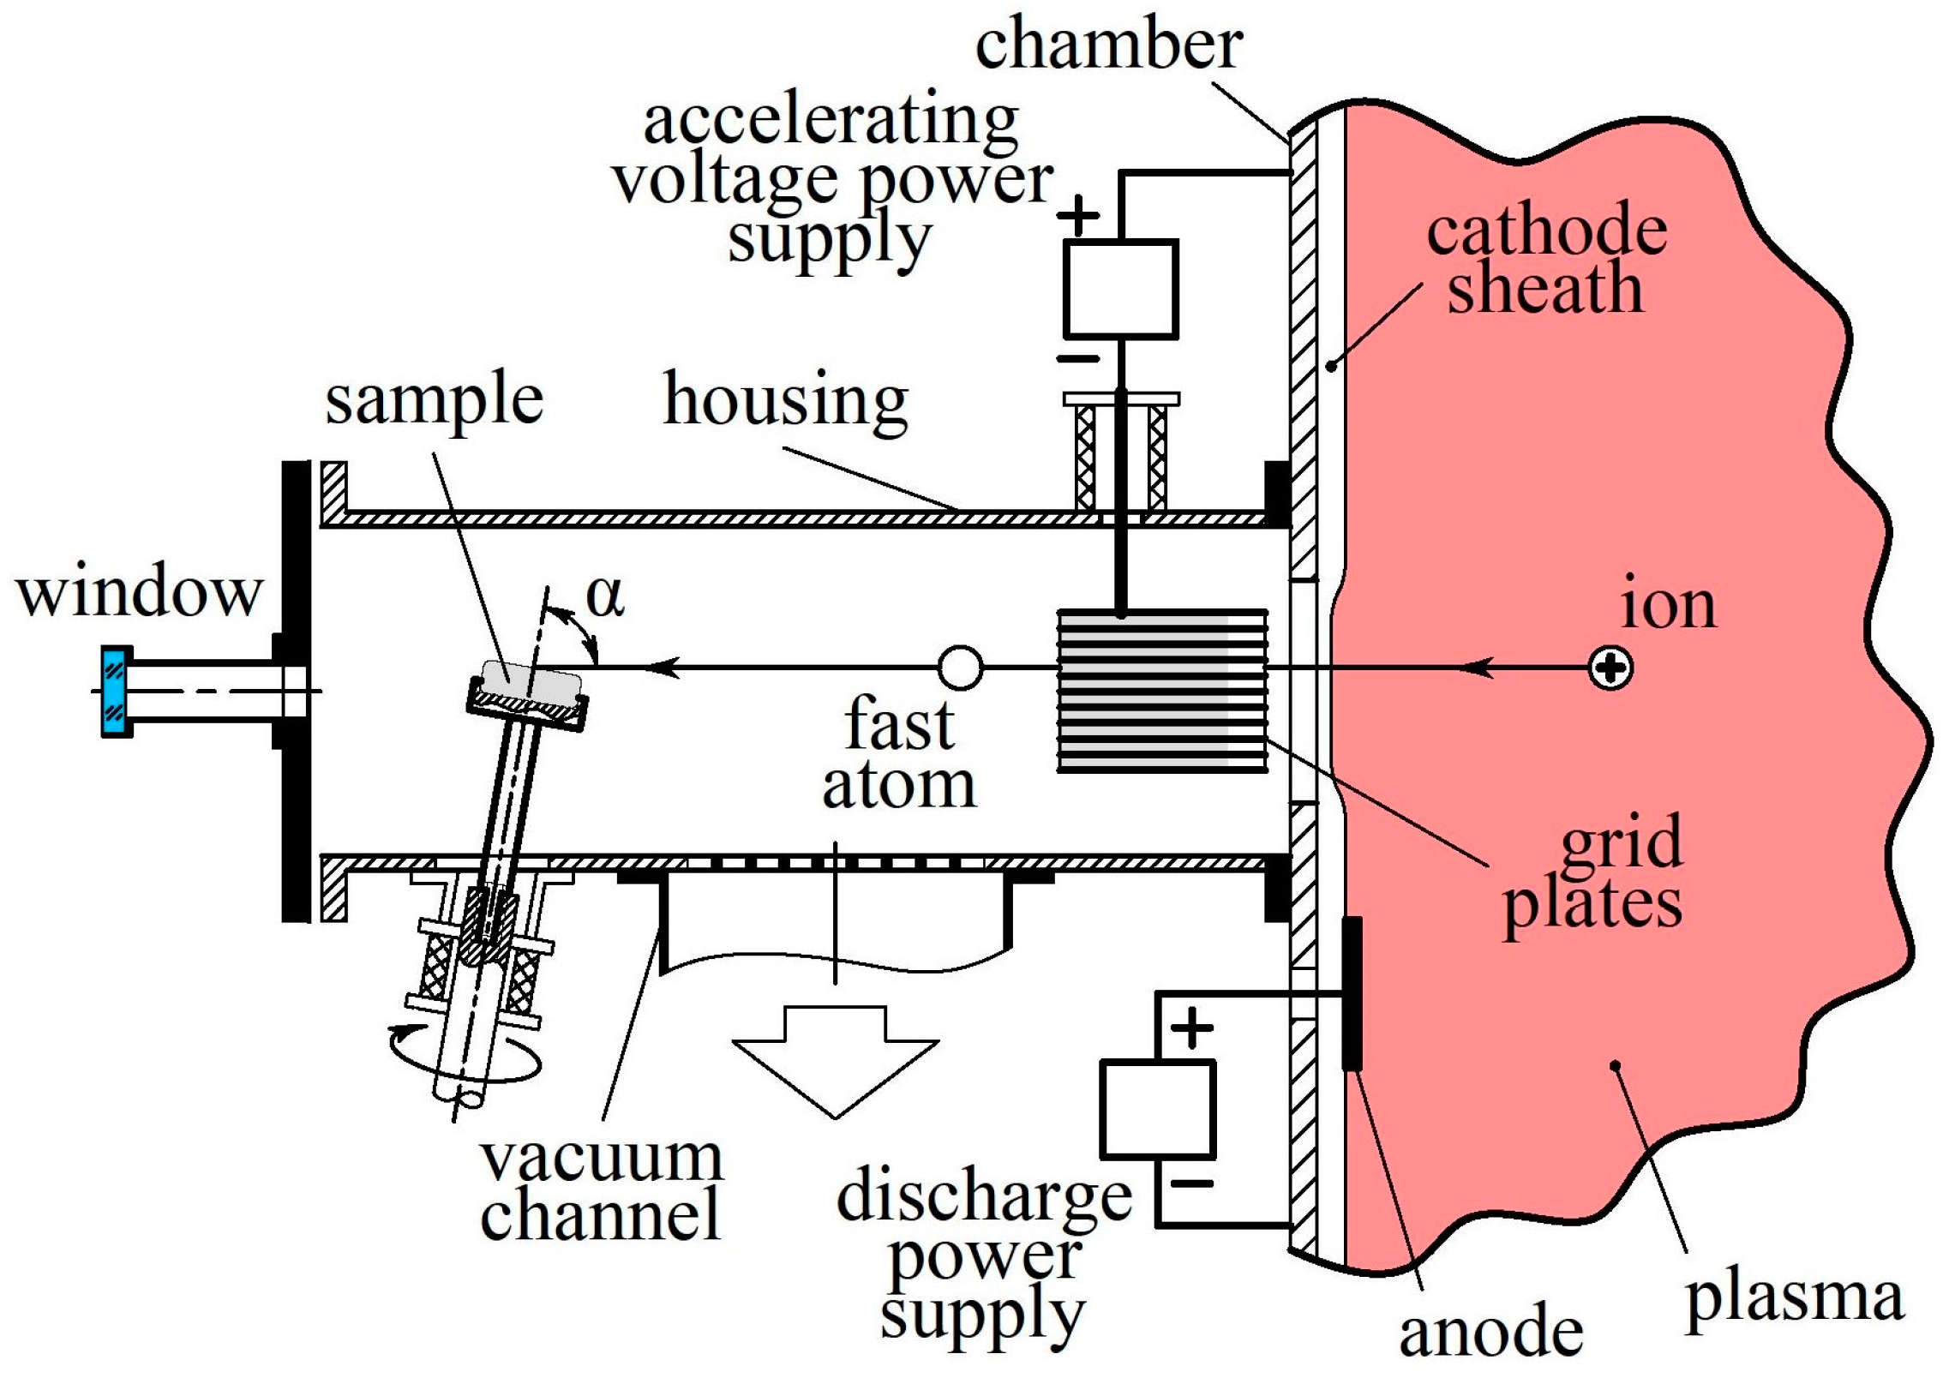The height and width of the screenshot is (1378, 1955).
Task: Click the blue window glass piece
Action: pyautogui.click(x=116, y=691)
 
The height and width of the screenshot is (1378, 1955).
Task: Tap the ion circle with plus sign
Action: pyautogui.click(x=1610, y=668)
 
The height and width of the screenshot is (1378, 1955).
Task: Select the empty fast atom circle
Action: pyautogui.click(x=960, y=667)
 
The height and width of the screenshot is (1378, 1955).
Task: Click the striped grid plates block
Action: pyautogui.click(x=1161, y=691)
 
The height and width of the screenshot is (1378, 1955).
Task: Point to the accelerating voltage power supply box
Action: pyautogui.click(x=1120, y=289)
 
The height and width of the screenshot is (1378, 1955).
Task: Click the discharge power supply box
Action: pyautogui.click(x=1157, y=1110)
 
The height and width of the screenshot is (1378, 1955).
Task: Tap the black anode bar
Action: pyautogui.click(x=1352, y=994)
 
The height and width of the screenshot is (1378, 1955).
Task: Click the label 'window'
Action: pyautogui.click(x=139, y=592)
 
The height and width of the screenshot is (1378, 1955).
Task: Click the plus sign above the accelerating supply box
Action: pyautogui.click(x=1078, y=215)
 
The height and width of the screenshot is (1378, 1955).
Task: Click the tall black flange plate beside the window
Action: pyautogui.click(x=296, y=691)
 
